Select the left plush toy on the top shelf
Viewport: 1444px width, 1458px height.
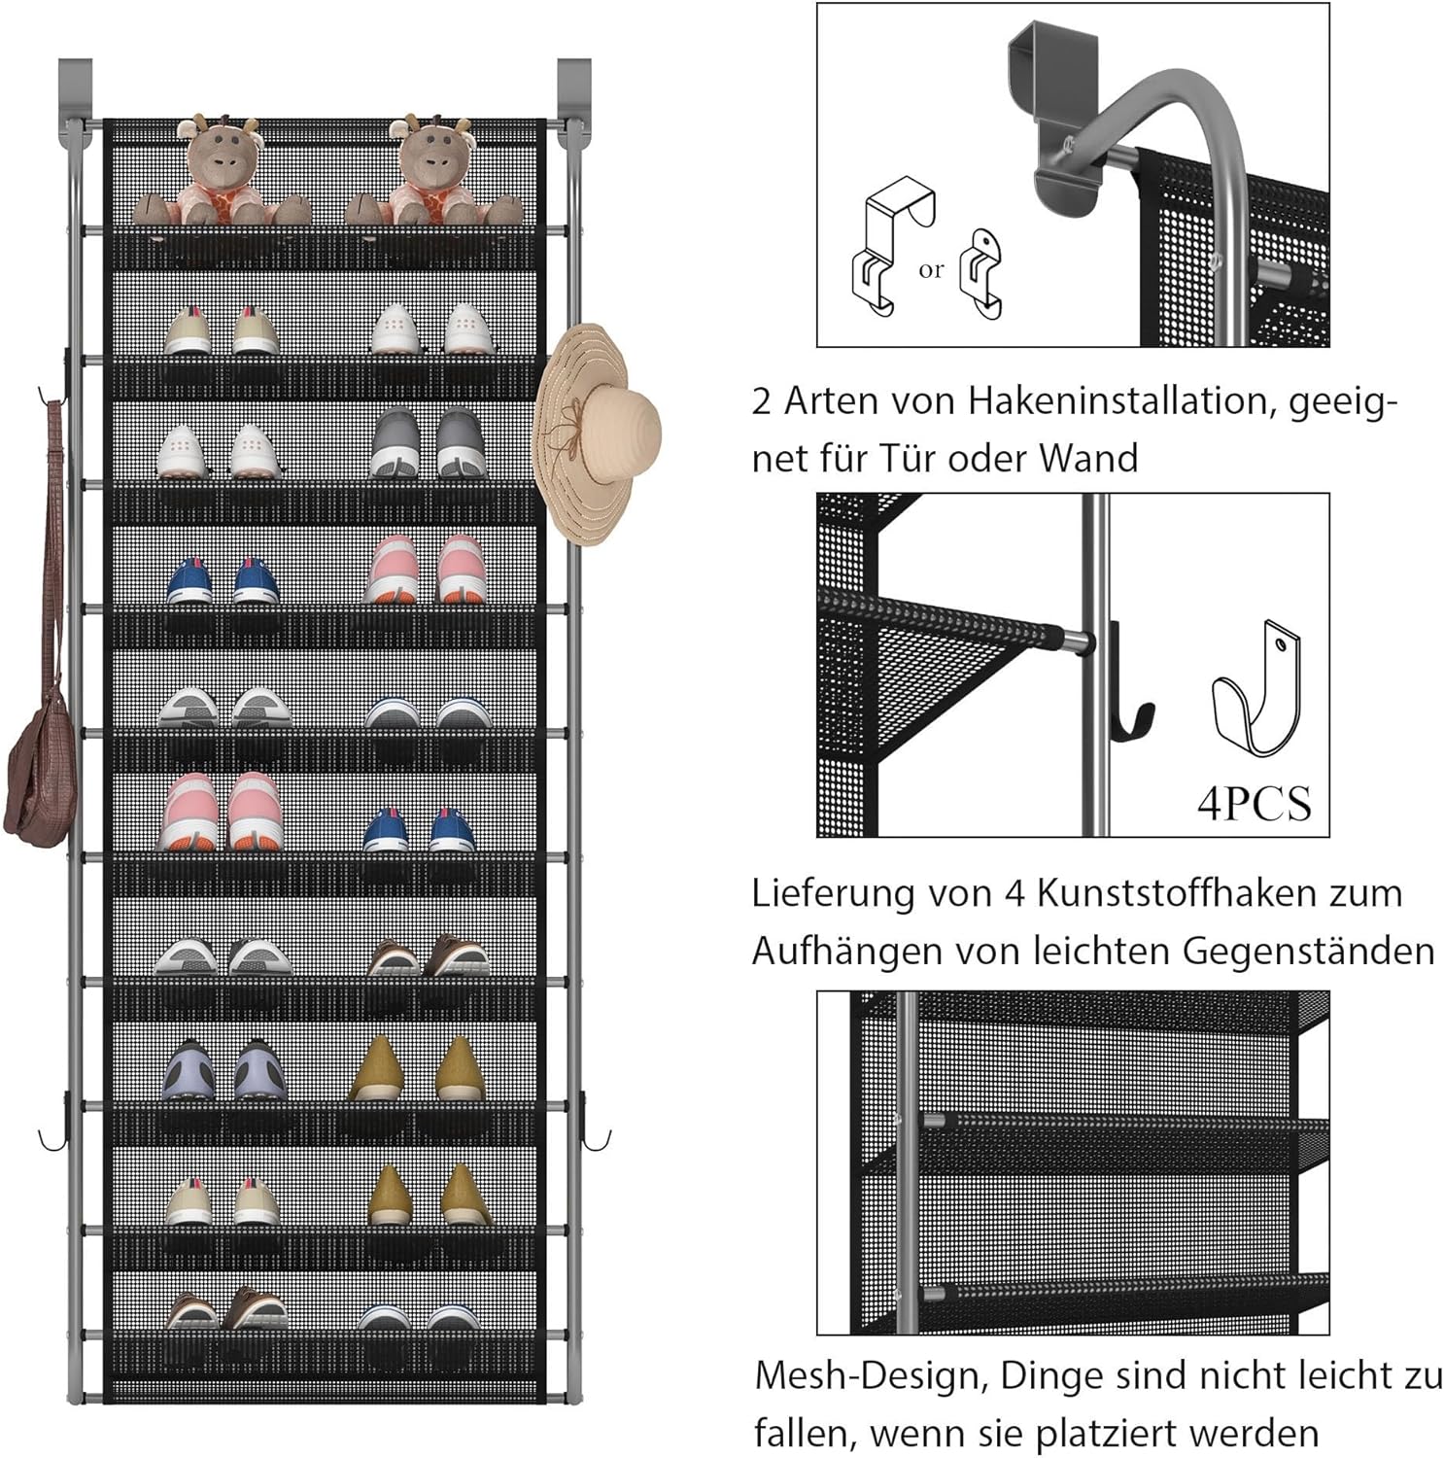point(222,175)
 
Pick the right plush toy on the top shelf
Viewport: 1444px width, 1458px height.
point(433,175)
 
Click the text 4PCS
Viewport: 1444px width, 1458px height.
point(1254,803)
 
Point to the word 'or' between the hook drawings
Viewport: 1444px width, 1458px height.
point(930,270)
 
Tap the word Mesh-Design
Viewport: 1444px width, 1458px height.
point(871,1375)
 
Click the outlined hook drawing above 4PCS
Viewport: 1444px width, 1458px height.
point(1256,692)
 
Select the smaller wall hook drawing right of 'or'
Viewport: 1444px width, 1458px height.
point(982,274)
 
